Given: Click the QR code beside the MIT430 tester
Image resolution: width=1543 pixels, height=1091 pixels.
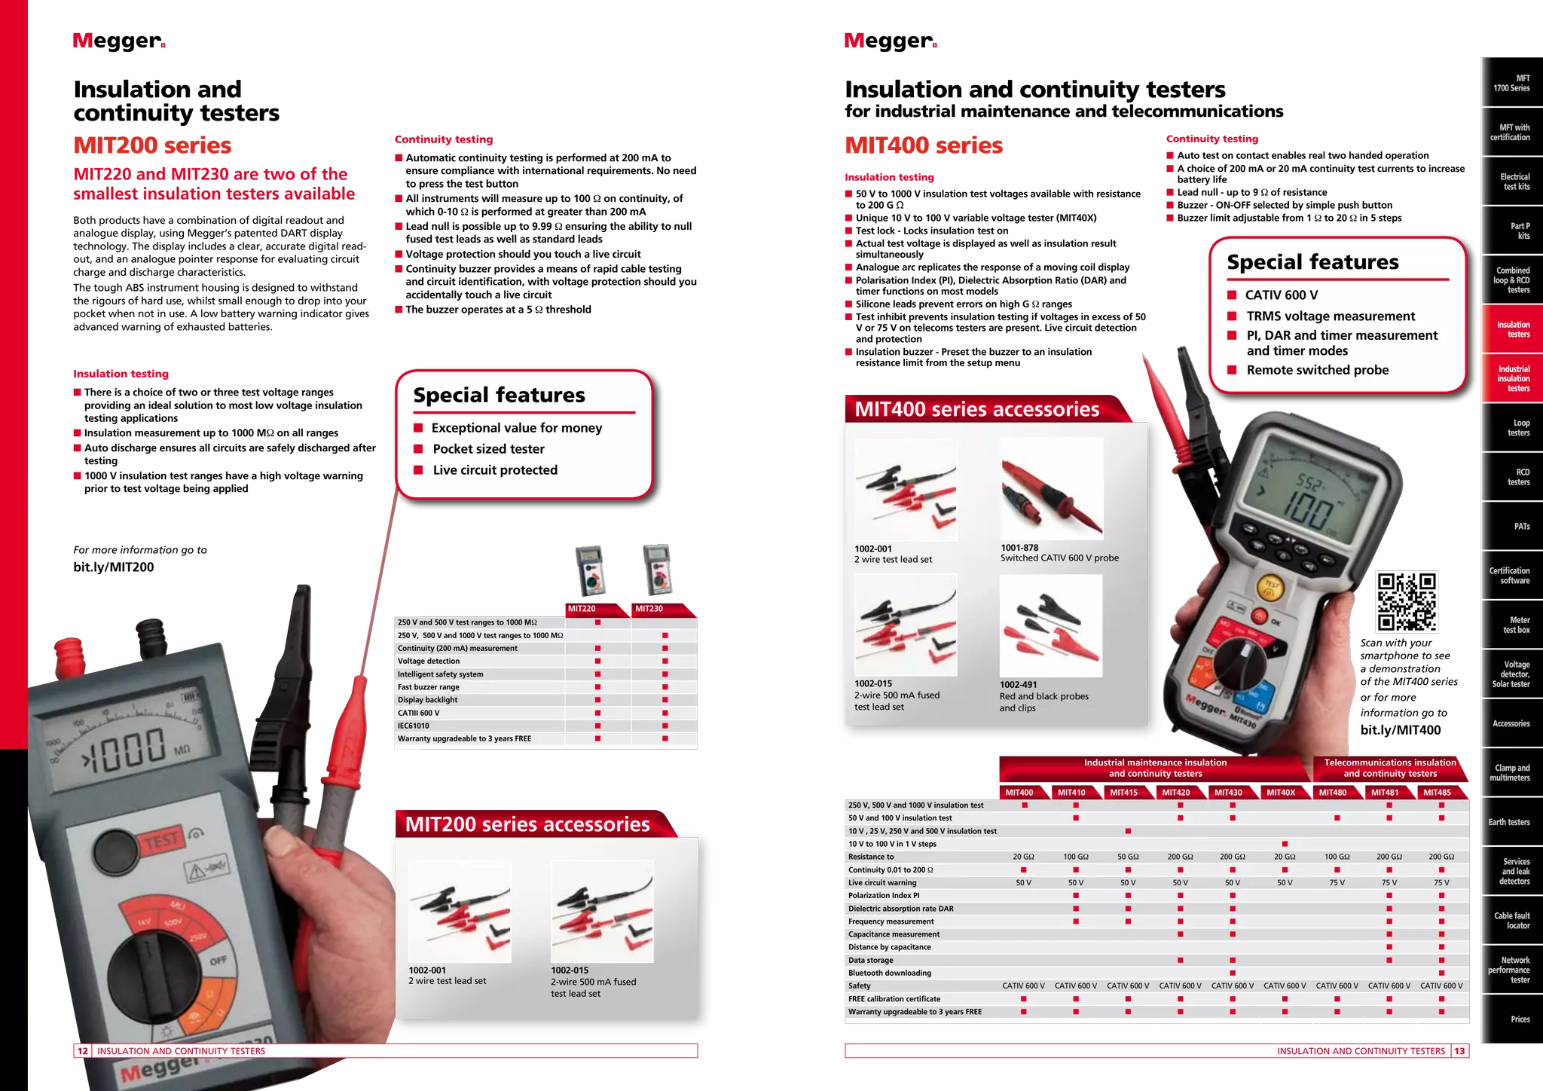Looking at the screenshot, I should coord(1407,601).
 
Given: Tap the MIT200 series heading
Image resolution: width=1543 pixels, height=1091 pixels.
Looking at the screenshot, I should coord(153,145).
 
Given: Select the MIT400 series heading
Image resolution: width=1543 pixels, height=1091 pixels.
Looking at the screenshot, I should coord(924,145).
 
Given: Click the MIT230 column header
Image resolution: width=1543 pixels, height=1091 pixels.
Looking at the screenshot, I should coord(649,609).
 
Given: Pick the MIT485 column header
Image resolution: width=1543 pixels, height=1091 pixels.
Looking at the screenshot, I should coord(1437,793).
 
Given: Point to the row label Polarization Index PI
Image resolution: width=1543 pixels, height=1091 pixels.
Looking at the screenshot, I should coord(884,896).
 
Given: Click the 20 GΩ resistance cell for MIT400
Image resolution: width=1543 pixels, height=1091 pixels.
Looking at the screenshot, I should coord(1023,857).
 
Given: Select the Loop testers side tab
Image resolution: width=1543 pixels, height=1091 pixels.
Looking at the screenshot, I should coord(1518,428).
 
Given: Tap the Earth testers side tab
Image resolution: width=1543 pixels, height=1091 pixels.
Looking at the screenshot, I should coord(1508,822).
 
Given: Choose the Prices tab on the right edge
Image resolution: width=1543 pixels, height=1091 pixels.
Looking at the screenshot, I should coord(1520,1019).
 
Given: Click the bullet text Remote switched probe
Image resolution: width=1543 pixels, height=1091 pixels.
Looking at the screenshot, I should coord(1317,370).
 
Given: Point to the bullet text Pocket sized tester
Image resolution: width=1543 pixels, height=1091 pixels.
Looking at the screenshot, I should coord(488,449).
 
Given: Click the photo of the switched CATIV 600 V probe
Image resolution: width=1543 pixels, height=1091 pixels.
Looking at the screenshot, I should coord(1052,488).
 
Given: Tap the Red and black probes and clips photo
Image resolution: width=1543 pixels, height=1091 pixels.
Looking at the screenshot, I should coord(1050,625).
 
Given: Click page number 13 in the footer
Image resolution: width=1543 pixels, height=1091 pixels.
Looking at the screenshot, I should coord(1459,1051).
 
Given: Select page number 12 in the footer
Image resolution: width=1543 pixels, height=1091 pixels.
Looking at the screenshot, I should coord(82,1051).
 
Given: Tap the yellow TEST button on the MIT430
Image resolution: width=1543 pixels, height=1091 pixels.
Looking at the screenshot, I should coord(1271,587).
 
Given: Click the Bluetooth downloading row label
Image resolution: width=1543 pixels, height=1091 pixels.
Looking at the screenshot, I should coord(889,973).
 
